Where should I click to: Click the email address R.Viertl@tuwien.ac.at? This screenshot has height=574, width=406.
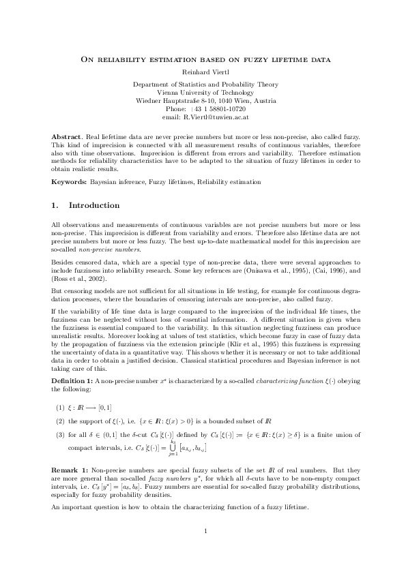click(x=220, y=117)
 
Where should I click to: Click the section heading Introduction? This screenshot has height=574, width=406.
click(x=94, y=205)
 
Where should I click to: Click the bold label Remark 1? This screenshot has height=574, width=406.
click(x=70, y=470)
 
